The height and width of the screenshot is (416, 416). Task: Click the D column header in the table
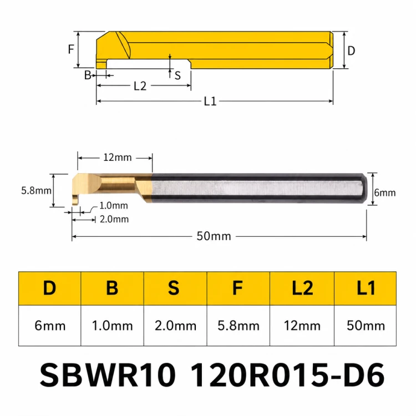point(49,288)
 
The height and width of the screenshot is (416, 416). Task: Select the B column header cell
point(112,288)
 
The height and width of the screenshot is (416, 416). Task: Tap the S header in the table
point(175,288)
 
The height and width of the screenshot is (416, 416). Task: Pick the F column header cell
point(239,288)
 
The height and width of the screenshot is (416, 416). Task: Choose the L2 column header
point(302,288)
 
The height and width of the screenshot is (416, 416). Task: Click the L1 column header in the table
point(366,288)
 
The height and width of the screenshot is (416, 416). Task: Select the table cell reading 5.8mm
point(239,326)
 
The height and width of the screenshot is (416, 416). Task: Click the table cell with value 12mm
point(302,326)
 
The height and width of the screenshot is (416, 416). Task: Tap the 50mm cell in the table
point(366,326)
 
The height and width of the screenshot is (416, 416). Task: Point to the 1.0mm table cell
point(112,326)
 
